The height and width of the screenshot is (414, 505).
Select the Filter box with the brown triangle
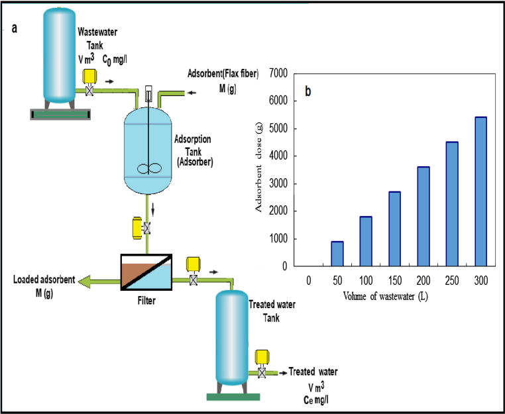click(x=146, y=272)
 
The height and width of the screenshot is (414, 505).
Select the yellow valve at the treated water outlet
click(x=261, y=364)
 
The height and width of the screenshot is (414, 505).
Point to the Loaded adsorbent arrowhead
click(x=83, y=283)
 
